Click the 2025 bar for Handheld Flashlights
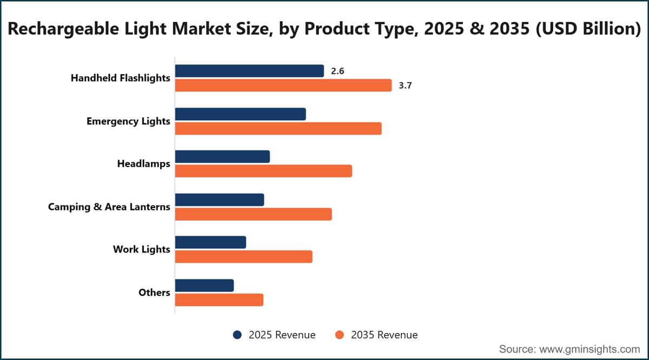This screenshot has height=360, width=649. [249, 71]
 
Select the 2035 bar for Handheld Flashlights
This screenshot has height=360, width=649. [283, 85]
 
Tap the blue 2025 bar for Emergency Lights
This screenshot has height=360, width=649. [241, 114]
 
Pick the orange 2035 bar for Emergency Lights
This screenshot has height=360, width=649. [278, 129]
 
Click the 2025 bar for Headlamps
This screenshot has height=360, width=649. [222, 157]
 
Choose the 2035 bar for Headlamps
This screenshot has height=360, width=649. [263, 171]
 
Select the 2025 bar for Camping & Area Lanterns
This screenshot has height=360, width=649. [220, 200]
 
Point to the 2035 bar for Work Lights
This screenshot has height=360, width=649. [244, 257]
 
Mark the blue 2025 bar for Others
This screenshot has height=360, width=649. [204, 285]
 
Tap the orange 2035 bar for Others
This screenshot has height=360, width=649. [219, 300]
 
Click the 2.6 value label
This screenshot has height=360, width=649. [337, 71]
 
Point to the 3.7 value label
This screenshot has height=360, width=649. [405, 86]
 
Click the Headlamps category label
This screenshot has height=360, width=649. [144, 164]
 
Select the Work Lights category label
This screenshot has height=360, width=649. [142, 250]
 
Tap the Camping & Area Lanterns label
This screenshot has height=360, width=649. [109, 207]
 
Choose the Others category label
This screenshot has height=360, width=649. [155, 292]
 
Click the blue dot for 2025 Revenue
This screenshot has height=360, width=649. [237, 335]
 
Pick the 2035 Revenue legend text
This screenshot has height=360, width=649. [385, 335]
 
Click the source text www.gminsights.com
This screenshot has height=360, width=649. [590, 349]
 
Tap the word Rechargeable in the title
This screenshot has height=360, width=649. [63, 29]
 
